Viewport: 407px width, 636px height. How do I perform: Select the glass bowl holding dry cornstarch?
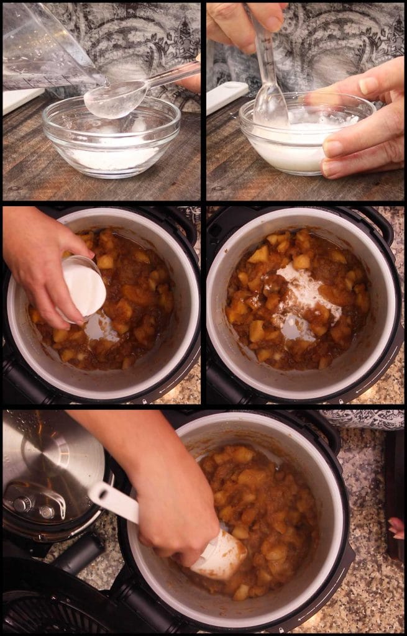[x=112, y=140]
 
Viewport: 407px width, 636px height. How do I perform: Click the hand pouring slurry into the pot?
[x=43, y=261]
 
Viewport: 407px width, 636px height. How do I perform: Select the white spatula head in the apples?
[x=221, y=556]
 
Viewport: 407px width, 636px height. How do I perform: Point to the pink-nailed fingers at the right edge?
[x=396, y=528]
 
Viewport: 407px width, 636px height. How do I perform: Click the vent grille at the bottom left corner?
[x=37, y=615]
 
